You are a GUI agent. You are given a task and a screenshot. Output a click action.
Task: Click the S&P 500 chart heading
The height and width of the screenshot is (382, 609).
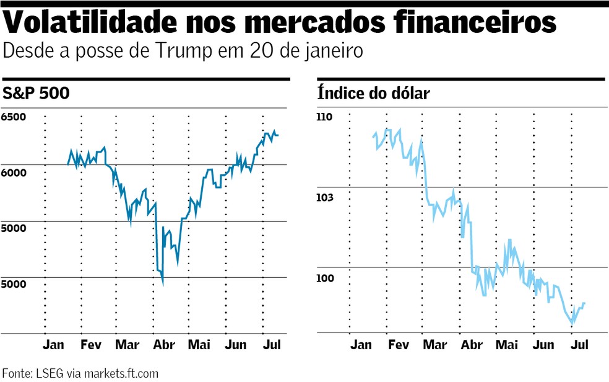[x=35, y=94]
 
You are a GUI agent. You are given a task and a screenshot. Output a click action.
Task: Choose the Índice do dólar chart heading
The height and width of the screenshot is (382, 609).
[x=373, y=94]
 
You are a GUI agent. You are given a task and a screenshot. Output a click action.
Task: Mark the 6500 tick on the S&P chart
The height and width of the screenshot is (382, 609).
[x=14, y=117]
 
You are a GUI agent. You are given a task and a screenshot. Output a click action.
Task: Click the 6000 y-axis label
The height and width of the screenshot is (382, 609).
[x=14, y=172]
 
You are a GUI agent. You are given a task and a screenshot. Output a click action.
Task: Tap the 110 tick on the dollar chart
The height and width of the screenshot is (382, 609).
[x=325, y=117]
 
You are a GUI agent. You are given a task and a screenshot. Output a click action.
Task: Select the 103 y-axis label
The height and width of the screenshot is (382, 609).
[x=325, y=198]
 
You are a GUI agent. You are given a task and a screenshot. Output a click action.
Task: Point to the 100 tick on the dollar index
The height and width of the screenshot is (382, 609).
[x=325, y=278]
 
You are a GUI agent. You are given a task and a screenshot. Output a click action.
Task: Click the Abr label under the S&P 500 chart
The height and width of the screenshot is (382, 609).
[x=164, y=345]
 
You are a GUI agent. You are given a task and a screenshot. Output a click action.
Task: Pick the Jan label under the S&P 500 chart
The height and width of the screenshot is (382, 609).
[x=54, y=345]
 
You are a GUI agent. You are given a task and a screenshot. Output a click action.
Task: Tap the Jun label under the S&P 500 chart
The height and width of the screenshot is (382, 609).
[x=235, y=345]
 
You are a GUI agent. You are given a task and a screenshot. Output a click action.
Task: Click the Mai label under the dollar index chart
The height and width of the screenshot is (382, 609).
[x=507, y=345]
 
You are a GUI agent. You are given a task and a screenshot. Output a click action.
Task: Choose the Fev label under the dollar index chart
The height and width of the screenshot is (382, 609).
[x=397, y=345]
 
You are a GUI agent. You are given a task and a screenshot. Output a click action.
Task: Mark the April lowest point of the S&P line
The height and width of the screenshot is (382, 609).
[x=163, y=285]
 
